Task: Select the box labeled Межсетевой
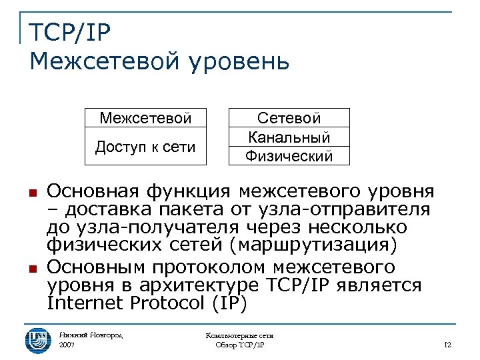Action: click(145, 118)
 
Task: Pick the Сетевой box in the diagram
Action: click(289, 118)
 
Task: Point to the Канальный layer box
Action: click(289, 137)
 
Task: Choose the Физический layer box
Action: click(289, 156)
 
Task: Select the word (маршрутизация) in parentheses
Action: click(313, 245)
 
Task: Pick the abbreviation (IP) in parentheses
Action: click(229, 303)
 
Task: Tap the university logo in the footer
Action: click(37, 339)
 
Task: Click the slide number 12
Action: click(447, 345)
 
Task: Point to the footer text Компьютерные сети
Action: click(240, 335)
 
